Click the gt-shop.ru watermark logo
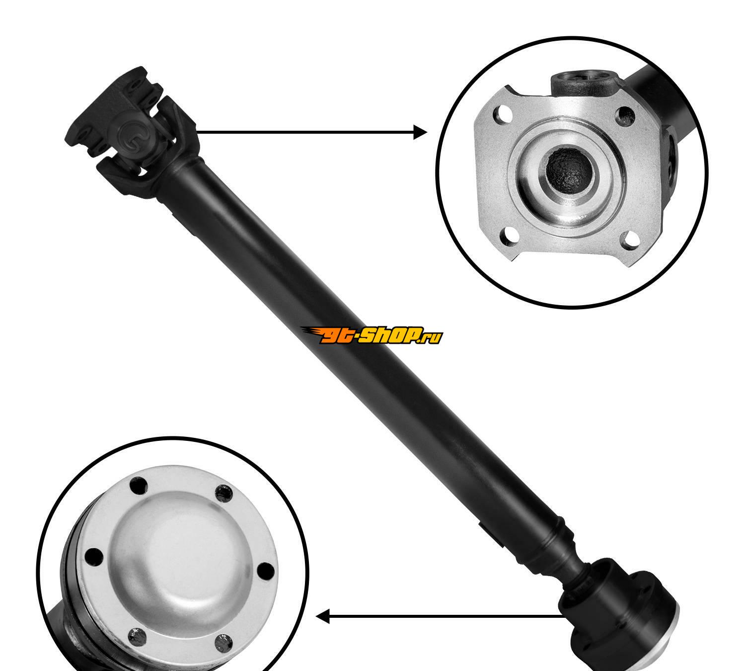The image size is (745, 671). coord(371,335)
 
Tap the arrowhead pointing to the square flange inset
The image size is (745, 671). coord(420,132)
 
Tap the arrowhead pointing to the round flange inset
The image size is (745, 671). coord(322,616)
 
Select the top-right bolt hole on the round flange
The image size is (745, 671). coord(224,494)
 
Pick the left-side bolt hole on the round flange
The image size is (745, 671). coord(93,557)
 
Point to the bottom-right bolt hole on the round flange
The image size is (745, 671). coord(223,644)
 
